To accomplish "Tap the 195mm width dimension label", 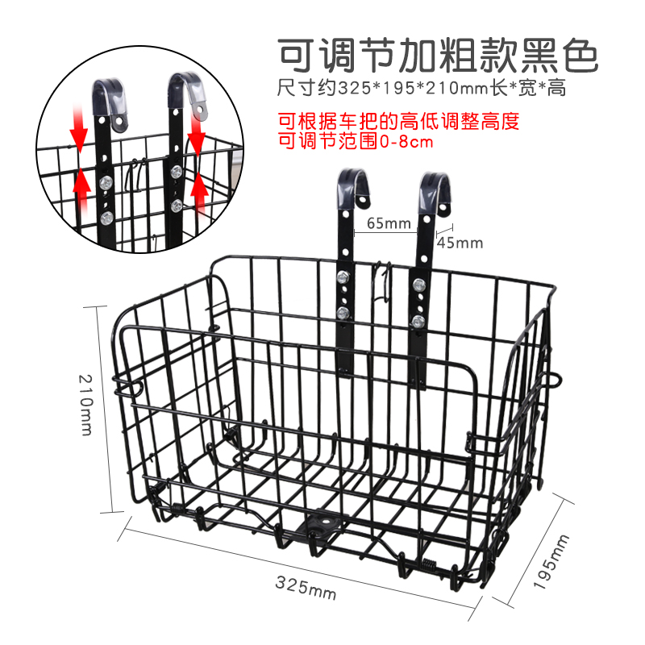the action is click(x=551, y=561).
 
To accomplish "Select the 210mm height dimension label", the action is click(x=85, y=405).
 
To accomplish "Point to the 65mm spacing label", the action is click(x=389, y=223).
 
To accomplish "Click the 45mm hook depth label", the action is click(x=460, y=243).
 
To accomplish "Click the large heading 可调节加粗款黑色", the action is click(x=438, y=56).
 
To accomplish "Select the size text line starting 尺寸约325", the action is click(x=422, y=88).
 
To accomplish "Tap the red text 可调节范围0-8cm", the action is click(x=356, y=141).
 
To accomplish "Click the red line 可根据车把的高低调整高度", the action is click(x=398, y=121).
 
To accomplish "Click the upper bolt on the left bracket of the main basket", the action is click(x=343, y=277).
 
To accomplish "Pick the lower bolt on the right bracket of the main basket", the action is click(x=418, y=321).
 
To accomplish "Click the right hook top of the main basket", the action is click(x=435, y=189).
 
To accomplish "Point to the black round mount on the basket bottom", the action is click(x=325, y=523).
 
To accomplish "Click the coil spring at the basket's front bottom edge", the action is click(x=429, y=564).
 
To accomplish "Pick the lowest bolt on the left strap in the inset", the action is click(x=107, y=218).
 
